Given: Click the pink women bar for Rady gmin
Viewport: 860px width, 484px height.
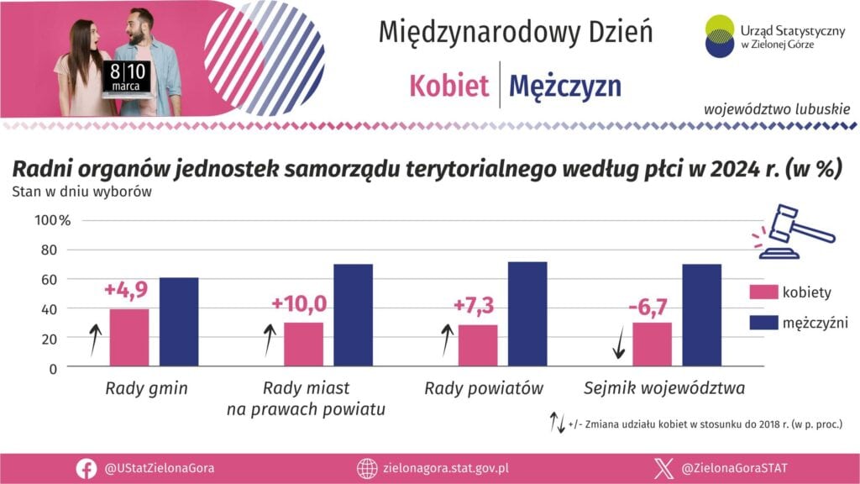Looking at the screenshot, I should tap(129, 338).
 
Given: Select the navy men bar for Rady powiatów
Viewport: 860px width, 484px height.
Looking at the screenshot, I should tap(527, 314).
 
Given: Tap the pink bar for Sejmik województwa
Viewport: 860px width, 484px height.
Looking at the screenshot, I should tap(652, 345).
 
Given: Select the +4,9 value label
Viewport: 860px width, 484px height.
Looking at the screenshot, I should tap(126, 290).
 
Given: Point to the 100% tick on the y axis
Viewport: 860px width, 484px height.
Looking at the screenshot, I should tap(53, 220).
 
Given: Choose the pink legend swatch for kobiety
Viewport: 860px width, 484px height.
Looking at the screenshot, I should tap(763, 292).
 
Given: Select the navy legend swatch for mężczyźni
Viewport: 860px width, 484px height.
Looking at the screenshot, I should tap(763, 322).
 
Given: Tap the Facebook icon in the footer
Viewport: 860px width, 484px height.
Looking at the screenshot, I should tap(86, 468).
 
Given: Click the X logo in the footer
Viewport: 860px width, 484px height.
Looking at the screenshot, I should tap(664, 468).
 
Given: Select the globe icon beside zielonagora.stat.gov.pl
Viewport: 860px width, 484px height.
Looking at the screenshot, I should tap(366, 468).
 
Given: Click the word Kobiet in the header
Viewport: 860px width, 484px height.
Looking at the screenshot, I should tap(449, 86).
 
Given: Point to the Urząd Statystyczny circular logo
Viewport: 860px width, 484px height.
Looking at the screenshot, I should tap(721, 36).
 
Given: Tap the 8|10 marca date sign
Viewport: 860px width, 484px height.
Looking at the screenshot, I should tap(128, 76).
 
